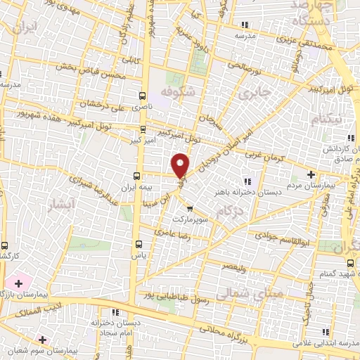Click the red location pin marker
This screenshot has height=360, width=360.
(x=181, y=165)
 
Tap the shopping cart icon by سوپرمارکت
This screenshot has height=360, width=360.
(x=189, y=208)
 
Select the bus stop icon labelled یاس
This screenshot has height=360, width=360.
(x=139, y=245)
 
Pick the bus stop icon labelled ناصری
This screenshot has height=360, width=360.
(x=143, y=96)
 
